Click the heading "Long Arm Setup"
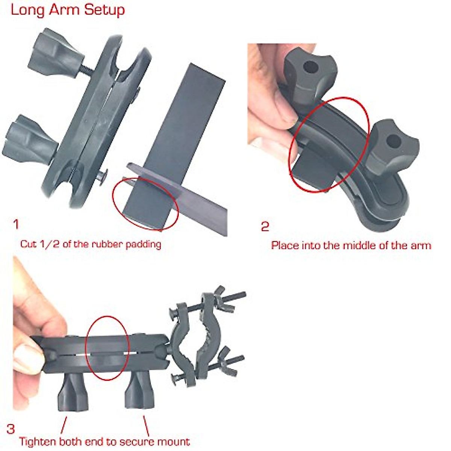[x=68, y=10]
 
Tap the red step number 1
[x=15, y=225]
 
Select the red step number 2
[x=265, y=227]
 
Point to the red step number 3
[x=11, y=429]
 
